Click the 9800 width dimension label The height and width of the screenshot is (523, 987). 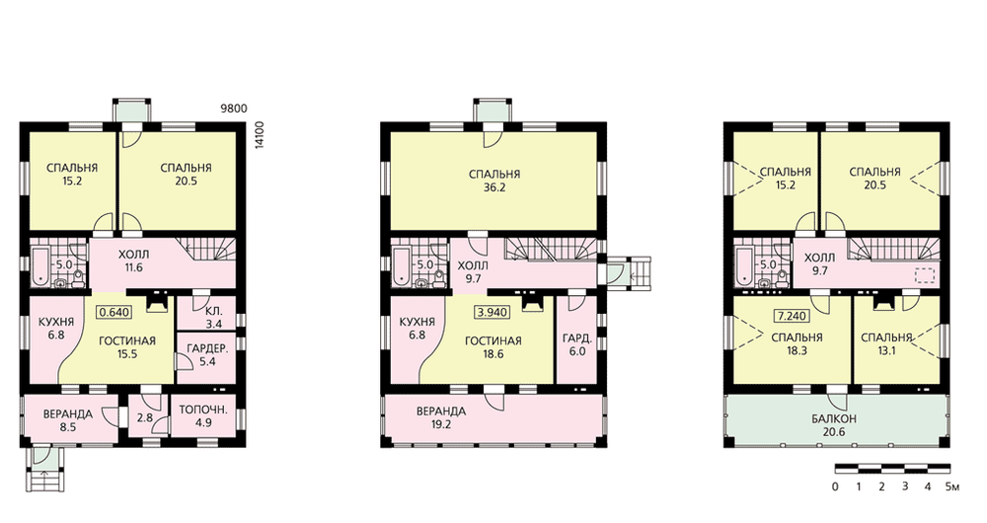[x=233, y=109]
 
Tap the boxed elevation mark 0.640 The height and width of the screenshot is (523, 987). [x=114, y=312]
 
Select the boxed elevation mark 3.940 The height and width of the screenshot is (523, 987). [x=492, y=312]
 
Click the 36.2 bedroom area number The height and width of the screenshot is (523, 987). [x=494, y=187]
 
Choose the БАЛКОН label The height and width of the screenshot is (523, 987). [x=834, y=418]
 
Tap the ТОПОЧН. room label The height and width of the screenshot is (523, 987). [x=203, y=410]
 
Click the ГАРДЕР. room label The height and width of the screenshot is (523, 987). [x=207, y=348]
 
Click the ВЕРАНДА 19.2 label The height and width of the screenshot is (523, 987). [x=440, y=417]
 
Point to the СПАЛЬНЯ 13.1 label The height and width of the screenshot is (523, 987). [x=887, y=344]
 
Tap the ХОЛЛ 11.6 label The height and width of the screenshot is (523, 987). [x=133, y=261]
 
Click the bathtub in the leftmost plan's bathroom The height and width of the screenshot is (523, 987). [x=39, y=265]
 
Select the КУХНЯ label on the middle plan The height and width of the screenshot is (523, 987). [x=417, y=322]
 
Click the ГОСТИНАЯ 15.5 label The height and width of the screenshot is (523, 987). [x=127, y=347]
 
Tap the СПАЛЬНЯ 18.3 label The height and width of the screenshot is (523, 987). [x=797, y=344]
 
